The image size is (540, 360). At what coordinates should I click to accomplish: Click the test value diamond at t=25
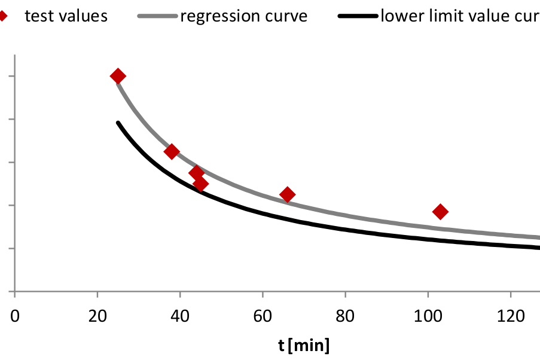pos(118,76)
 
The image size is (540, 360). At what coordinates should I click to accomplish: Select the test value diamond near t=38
pos(172,151)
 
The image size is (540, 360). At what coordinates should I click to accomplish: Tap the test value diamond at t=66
pos(288,194)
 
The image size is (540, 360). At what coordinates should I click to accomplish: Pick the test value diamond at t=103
pos(441,211)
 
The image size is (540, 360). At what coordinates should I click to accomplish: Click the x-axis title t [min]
pos(304,345)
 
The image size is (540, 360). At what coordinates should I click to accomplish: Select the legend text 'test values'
pos(66,16)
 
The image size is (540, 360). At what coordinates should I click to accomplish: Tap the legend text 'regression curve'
pos(243,16)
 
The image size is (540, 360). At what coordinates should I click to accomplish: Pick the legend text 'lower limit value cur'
pos(460,16)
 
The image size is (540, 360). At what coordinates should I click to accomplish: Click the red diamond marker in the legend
pos(3,16)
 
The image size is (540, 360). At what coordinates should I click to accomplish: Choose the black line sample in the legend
pos(358,16)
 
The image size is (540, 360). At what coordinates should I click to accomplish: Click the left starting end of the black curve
pos(118,123)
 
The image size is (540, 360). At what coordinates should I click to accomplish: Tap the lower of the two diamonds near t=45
pos(201,184)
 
